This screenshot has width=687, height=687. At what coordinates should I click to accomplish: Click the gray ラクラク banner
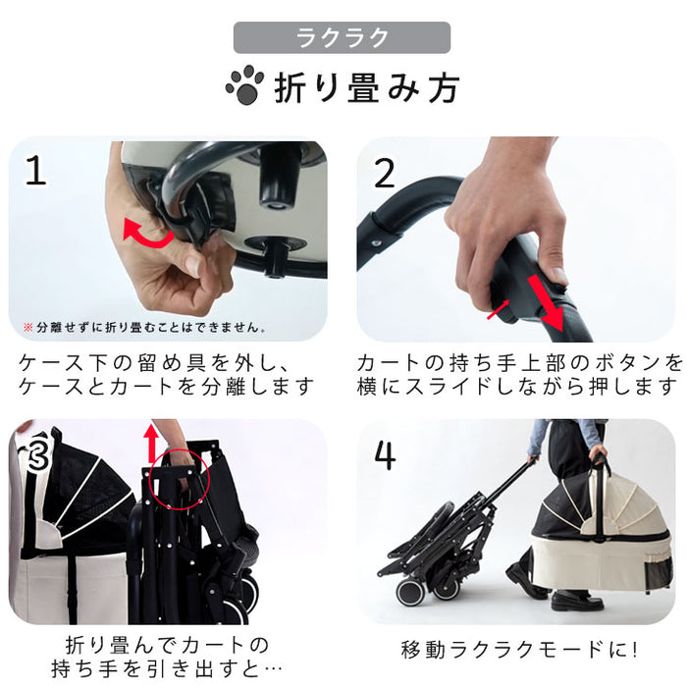(342, 38)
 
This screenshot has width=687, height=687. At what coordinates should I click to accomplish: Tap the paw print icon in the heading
(244, 86)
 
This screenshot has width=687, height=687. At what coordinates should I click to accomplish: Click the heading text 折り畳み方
(365, 87)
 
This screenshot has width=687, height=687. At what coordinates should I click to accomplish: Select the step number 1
(36, 172)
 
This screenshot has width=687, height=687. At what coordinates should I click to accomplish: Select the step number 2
(385, 173)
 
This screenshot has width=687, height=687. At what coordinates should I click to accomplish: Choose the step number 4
(386, 456)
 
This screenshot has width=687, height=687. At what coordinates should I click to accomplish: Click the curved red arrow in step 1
(147, 234)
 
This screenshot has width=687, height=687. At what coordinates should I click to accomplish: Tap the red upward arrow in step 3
(150, 442)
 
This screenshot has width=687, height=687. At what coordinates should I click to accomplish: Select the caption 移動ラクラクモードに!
(520, 650)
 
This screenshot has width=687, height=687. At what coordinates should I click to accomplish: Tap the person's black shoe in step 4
(527, 586)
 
